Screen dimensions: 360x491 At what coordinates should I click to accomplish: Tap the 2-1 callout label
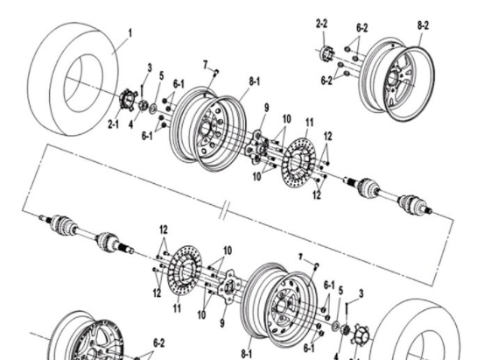114,125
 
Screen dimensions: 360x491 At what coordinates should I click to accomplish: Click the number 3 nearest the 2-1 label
149,67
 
